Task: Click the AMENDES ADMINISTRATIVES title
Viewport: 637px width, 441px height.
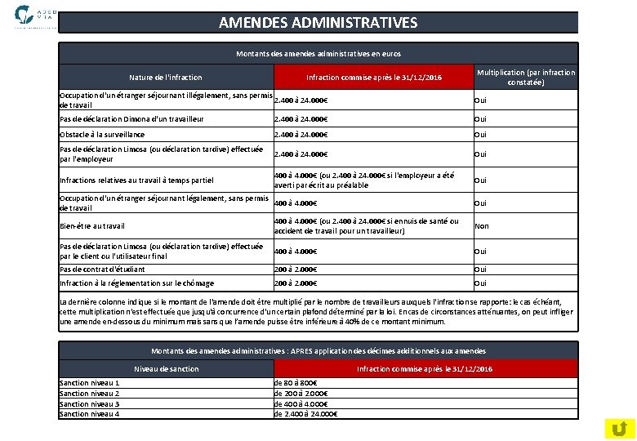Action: [x=318, y=22]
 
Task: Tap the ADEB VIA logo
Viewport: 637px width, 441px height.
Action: [x=36, y=16]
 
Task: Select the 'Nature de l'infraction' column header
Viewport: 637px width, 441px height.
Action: [x=166, y=78]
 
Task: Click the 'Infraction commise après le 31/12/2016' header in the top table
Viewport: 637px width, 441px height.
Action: [x=373, y=78]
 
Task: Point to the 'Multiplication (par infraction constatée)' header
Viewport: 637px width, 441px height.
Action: [x=526, y=78]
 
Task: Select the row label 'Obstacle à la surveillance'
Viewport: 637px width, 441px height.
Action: [x=102, y=135]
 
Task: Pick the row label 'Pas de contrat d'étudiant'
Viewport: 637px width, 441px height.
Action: [x=102, y=269]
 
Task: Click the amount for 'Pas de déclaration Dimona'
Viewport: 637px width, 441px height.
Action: [x=301, y=119]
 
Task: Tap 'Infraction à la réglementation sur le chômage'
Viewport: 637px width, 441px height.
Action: [x=137, y=283]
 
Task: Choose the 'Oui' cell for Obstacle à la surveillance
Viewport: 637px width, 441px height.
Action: [x=481, y=135]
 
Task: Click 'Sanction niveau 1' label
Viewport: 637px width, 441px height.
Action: [x=90, y=383]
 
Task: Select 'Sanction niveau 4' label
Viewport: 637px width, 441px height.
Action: [x=90, y=414]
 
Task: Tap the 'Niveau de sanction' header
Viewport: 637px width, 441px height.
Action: [x=166, y=369]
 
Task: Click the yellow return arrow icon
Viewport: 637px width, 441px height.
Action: [x=620, y=427]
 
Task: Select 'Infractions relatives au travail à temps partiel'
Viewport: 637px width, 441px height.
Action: [x=137, y=180]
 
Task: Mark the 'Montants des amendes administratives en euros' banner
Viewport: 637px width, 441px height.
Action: [x=318, y=54]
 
